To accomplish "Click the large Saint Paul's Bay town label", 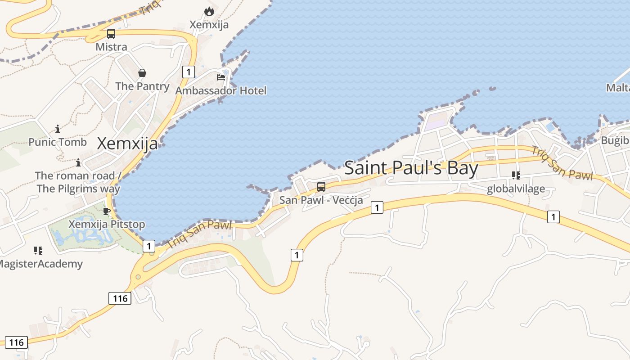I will tap(411, 168).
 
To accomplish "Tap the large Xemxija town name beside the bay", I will tap(127, 144).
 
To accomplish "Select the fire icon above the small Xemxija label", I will tap(209, 12).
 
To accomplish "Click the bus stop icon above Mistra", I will tap(111, 34).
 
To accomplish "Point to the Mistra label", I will tap(111, 47).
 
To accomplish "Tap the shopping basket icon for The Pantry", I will tap(142, 73).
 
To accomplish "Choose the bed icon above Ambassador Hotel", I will tap(221, 77).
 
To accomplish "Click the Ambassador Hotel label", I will tap(221, 90).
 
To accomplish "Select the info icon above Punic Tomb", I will tap(58, 129).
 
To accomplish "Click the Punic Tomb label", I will tap(58, 142).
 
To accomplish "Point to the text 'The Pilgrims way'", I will tap(78, 189).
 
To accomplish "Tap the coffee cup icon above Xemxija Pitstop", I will tap(107, 211).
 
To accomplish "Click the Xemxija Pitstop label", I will tap(107, 224).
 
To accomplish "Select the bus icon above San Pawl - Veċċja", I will tap(321, 186).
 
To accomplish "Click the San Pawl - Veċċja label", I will tap(321, 200).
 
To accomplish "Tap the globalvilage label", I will tap(516, 189).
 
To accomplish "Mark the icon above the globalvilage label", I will tap(516, 175).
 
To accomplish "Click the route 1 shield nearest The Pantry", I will tap(189, 72).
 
